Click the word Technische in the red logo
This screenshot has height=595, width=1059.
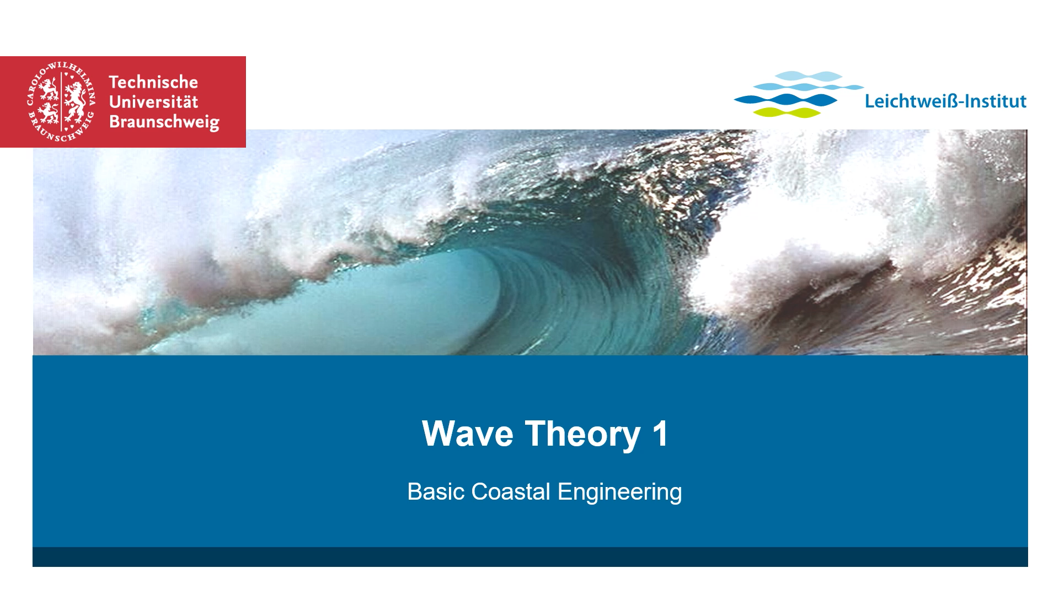[x=153, y=82]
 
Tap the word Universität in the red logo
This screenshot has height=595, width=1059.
[x=153, y=102]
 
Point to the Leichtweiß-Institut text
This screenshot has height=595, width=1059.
[x=945, y=101]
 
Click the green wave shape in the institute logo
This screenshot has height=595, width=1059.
[x=787, y=112]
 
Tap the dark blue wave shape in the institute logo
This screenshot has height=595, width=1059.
[x=785, y=100]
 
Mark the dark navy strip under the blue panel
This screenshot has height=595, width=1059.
[x=530, y=557]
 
